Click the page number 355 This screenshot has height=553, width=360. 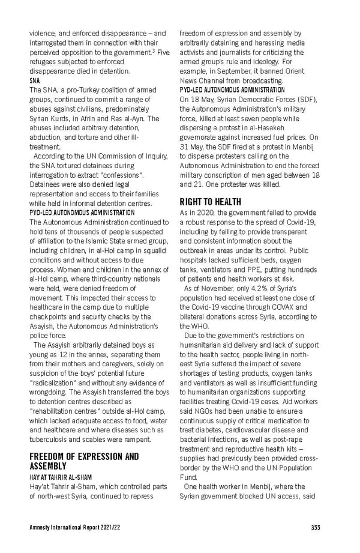coord(316,527)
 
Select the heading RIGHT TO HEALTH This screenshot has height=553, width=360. coord(211,202)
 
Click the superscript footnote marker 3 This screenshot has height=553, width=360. coord(154,51)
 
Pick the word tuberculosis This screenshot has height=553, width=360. coord(49,439)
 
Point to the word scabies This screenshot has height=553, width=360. coord(103,439)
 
